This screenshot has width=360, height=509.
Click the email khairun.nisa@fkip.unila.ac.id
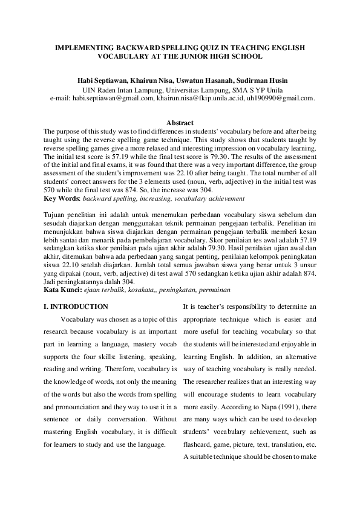click(191, 97)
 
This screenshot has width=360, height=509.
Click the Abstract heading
click(180, 123)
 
